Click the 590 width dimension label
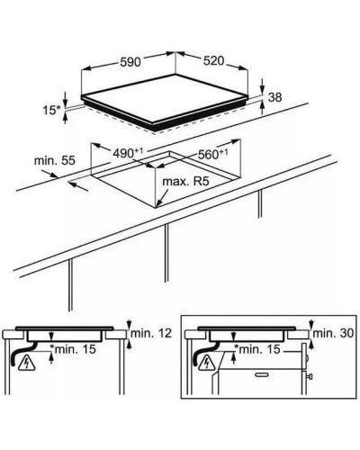[x=130, y=62]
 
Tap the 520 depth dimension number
[x=213, y=61]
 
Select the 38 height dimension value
[x=274, y=97]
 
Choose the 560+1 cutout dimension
[x=212, y=154]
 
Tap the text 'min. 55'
[x=55, y=160]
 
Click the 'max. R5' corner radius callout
[x=185, y=182]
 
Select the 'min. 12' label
[x=151, y=333]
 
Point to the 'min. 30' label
[x=334, y=333]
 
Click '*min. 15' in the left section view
[x=73, y=349]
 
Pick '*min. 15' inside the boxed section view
[x=256, y=349]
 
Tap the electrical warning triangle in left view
[x=27, y=364]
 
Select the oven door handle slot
[x=262, y=374]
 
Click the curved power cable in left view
[x=22, y=354]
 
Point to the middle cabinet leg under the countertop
[x=166, y=253]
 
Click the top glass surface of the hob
[x=165, y=98]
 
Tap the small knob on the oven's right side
[x=310, y=376]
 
